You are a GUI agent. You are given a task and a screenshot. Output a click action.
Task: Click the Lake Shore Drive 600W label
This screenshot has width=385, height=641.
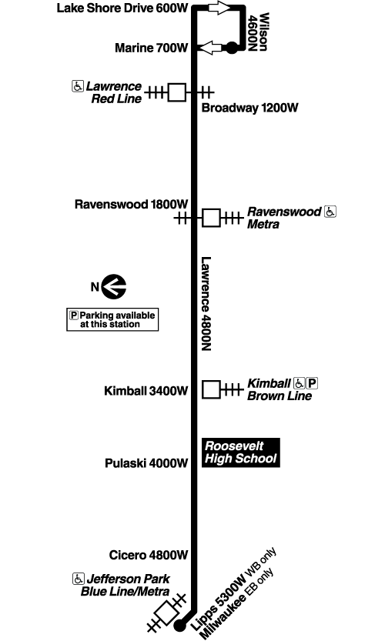pos(123,8)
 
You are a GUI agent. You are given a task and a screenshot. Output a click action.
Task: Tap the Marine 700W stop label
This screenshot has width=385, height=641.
pos(151,48)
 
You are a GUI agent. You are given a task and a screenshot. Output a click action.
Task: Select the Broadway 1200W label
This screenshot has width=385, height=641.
pos(249,109)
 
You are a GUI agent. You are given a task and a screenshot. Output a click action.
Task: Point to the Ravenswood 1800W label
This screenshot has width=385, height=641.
pos(131,205)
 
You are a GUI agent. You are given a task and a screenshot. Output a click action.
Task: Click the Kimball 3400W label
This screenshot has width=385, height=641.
pos(146,391)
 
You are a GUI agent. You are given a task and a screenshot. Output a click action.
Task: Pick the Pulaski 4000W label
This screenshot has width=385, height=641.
pos(146,463)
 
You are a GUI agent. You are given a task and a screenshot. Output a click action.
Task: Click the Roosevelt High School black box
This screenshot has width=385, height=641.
pos(239,452)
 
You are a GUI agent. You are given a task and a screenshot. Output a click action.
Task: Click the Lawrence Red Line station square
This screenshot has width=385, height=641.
pos(178,92)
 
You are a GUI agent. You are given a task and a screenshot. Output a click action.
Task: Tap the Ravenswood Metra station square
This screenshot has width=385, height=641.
pos(211,218)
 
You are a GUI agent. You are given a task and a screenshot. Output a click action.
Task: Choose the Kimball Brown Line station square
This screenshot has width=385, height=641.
pos(211,389)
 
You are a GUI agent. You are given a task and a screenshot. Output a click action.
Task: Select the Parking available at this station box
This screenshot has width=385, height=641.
pos(112,319)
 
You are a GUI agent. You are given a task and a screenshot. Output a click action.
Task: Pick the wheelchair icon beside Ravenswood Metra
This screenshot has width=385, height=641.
pos(330,212)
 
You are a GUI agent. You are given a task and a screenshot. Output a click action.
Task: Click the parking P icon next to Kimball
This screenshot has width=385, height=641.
pos(313,383)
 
